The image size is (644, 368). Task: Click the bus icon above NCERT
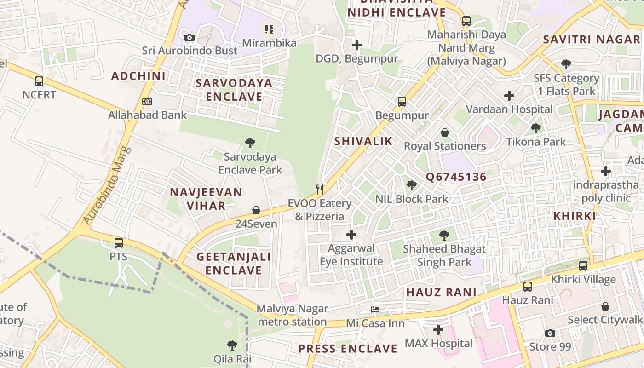(39, 81)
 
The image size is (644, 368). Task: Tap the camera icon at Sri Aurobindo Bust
(189, 37)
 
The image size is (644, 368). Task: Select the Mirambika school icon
(269, 29)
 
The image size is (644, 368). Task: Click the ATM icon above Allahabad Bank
(147, 102)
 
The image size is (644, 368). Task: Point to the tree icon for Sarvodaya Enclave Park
(250, 143)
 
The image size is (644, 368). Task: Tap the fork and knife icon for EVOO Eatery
(320, 189)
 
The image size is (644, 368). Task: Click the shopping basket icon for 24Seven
(256, 210)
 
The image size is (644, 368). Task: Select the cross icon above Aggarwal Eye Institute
(351, 235)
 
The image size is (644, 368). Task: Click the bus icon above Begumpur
(402, 102)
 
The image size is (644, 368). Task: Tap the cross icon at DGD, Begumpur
(356, 45)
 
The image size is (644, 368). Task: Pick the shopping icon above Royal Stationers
(445, 132)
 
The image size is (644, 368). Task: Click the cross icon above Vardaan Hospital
(509, 96)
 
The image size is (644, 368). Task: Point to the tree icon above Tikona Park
(535, 128)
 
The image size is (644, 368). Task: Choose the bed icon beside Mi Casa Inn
(375, 310)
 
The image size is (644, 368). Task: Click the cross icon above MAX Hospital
(438, 330)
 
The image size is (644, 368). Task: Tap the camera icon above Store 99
(550, 333)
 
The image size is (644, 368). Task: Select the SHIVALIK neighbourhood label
(363, 141)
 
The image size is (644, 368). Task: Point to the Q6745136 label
(456, 177)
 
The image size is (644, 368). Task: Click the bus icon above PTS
(119, 242)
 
